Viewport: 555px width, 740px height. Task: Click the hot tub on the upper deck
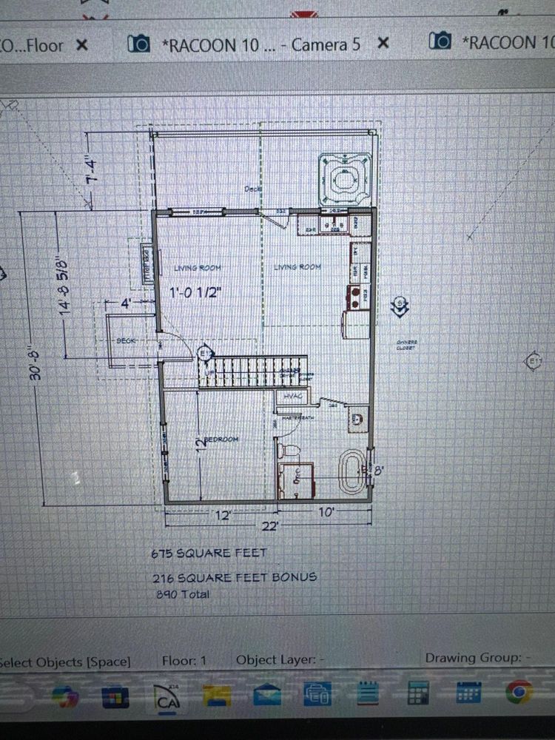[344, 178]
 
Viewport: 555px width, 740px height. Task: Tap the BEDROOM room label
[222, 440]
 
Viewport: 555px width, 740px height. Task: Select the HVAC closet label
[289, 397]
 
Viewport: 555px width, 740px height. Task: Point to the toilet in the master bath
[287, 449]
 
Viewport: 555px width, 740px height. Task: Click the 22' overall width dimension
[270, 525]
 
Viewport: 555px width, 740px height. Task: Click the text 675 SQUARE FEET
[209, 552]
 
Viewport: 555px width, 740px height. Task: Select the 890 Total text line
[182, 593]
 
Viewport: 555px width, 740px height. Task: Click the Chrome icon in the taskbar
[519, 693]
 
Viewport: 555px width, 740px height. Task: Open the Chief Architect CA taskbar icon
[167, 694]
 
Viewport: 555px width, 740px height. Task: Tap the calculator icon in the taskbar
[417, 693]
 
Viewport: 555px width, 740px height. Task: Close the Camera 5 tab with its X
[383, 44]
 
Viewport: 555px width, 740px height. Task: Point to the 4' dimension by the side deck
[125, 303]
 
